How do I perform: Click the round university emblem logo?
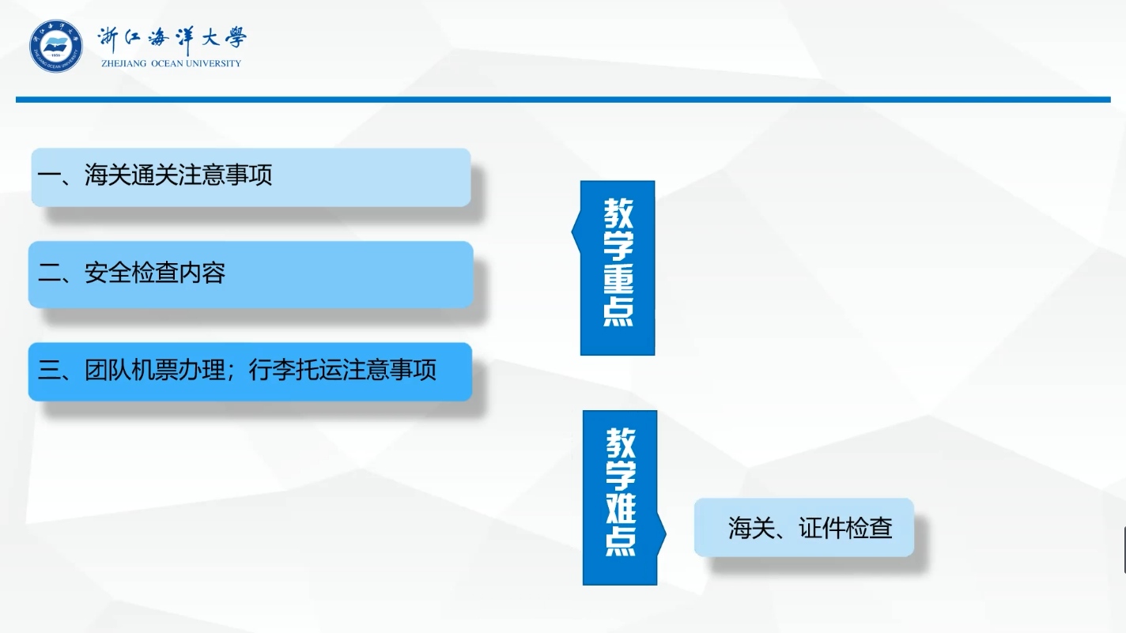(x=56, y=46)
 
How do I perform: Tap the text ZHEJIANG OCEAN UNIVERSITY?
(x=171, y=63)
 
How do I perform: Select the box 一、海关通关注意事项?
(x=251, y=177)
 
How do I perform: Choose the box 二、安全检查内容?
(x=251, y=274)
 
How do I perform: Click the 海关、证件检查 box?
(x=804, y=527)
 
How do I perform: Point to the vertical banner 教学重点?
(x=618, y=268)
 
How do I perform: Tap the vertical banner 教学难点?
(x=620, y=497)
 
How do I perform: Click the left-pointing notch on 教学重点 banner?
(x=576, y=232)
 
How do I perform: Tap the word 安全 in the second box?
(x=108, y=273)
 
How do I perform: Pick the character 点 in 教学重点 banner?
(x=618, y=312)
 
